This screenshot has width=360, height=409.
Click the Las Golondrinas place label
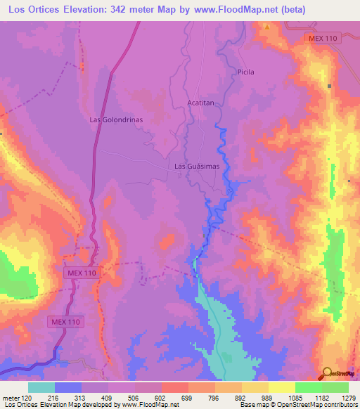click(x=116, y=119)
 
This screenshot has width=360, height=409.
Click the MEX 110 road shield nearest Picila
click(x=323, y=39)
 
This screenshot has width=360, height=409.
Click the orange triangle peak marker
click(x=267, y=27)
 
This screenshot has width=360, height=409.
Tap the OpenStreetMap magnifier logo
click(x=328, y=372)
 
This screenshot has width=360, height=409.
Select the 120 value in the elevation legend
click(x=27, y=397)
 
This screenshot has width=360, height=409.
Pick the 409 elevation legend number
click(x=106, y=397)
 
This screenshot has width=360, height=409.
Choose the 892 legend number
click(x=240, y=397)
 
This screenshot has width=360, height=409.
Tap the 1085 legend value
click(x=293, y=397)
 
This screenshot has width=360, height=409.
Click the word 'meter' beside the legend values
click(x=11, y=397)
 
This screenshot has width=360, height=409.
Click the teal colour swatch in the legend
click(x=41, y=387)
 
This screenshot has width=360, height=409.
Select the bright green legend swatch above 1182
click(x=308, y=387)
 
